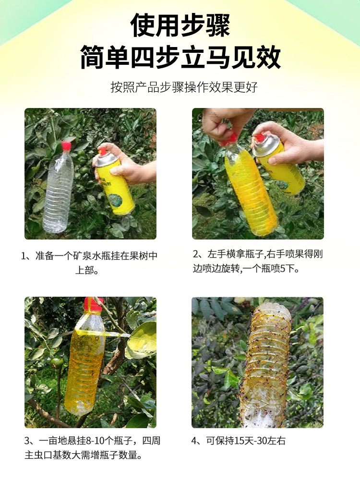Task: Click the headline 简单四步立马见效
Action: click(x=180, y=57)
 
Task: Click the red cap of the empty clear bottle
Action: click(x=66, y=146)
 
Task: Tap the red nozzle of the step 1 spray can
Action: click(x=102, y=152)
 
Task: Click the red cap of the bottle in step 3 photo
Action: click(x=94, y=303)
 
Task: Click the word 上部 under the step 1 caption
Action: click(x=83, y=271)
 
